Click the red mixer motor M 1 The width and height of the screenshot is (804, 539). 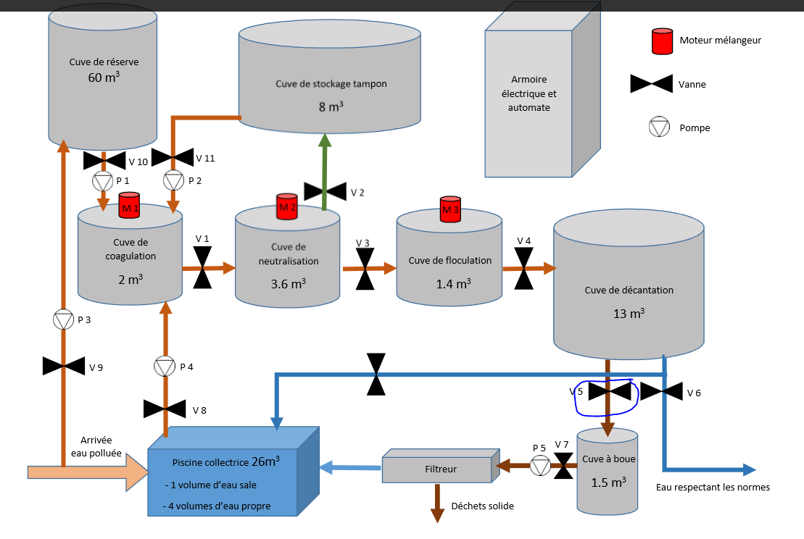pos(129,205)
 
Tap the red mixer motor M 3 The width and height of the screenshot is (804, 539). pos(451,209)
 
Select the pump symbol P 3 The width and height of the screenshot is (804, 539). pos(64,319)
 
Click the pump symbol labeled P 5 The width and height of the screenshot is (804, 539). pos(540,466)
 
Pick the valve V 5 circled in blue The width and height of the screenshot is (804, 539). pos(609,392)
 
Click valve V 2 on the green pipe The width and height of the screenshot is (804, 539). pos(324,192)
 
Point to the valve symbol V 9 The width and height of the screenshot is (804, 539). pos(64,366)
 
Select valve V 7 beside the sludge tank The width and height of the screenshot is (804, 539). pos(563,466)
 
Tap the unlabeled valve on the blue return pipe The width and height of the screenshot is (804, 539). pos(376,374)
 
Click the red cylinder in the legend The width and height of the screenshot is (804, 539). pos(663,41)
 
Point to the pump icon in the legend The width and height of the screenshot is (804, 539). pos(658,128)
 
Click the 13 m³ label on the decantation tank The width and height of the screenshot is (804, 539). pos(629,314)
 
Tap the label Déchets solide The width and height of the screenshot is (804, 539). pos(482,506)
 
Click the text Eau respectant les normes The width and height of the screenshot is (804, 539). pos(713,487)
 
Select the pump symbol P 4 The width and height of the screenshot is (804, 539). pos(165,367)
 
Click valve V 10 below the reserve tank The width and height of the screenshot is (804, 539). pos(105,159)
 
